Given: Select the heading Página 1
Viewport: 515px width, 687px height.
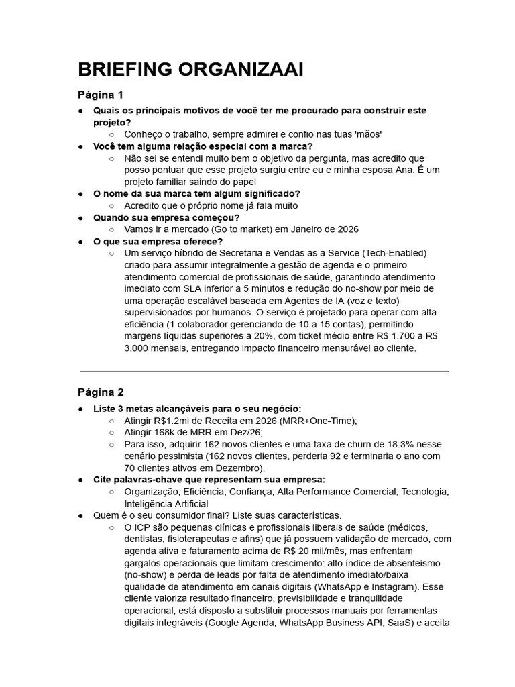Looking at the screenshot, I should click(101, 94).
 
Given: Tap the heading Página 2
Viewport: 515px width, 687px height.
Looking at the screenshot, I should click(101, 392).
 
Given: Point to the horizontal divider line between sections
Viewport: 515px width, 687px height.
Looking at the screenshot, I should click(264, 371).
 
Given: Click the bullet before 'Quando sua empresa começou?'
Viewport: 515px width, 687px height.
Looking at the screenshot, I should click(80, 217).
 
